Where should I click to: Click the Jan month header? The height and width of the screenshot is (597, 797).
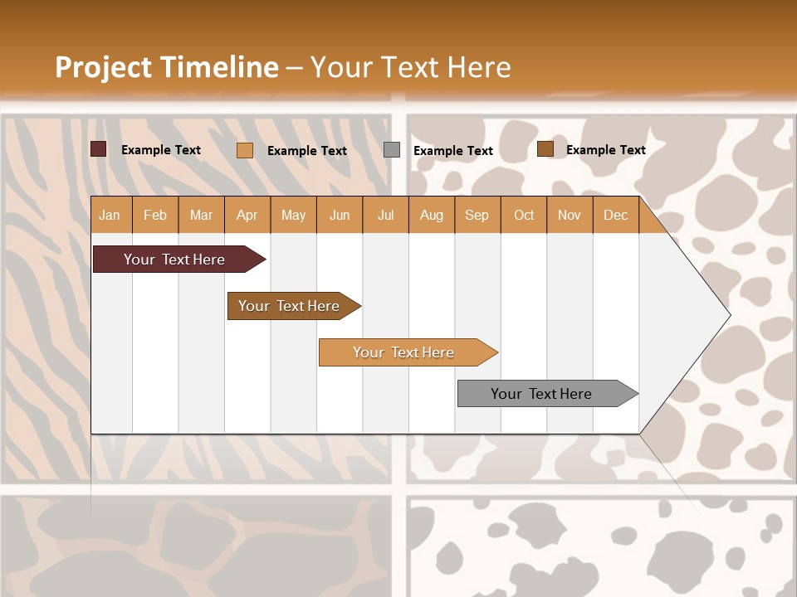[110, 215]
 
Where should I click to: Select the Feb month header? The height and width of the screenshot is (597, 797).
[155, 215]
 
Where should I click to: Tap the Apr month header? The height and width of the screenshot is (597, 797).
[247, 215]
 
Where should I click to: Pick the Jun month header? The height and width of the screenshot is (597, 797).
[340, 215]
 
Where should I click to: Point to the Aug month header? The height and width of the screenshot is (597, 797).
[431, 215]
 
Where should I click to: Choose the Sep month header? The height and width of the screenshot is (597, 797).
[477, 215]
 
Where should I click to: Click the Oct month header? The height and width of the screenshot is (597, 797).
[524, 215]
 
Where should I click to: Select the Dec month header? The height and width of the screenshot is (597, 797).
[615, 215]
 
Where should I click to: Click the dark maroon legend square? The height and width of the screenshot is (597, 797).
[99, 149]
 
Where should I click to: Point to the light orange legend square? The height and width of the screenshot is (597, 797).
[245, 150]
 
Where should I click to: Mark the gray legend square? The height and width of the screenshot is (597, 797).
[392, 150]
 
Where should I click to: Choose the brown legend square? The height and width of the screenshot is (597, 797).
[545, 149]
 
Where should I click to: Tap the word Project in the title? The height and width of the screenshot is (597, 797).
[102, 67]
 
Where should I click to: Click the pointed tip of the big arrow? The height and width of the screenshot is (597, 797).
[728, 314]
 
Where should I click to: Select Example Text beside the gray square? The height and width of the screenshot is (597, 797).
[452, 151]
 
